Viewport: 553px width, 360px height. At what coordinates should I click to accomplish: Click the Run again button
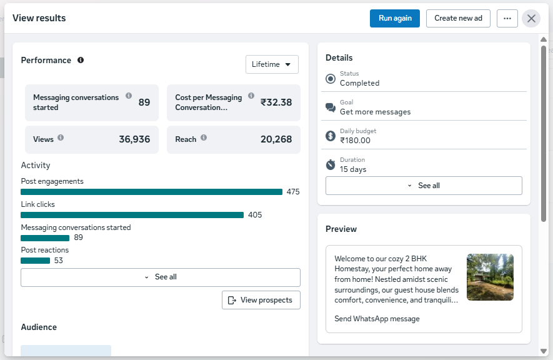coord(395,18)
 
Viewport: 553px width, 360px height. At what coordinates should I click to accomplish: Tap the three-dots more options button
coord(507,18)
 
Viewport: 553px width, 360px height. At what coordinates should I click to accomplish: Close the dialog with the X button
coord(531,18)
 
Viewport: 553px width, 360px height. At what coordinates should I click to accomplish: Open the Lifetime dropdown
coord(272,64)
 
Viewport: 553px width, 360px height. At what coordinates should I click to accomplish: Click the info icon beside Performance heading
coord(81,60)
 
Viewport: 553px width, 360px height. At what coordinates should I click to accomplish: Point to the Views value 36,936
coord(134,139)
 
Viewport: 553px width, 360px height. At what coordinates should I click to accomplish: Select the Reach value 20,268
coord(276,139)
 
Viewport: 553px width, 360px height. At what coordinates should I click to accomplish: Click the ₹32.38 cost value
coord(276,102)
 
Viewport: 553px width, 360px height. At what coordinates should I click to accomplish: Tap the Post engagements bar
coord(152,192)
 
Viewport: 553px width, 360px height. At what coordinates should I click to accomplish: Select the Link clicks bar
coord(132,215)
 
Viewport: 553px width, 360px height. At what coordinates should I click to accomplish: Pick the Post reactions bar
coord(35,261)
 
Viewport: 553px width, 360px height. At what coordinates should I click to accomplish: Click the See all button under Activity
coord(161,277)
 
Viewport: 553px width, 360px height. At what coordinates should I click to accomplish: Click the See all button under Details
coord(424,186)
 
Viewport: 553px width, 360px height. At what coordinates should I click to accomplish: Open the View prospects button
coord(261,300)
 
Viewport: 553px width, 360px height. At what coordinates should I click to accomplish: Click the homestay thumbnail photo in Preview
coord(491,277)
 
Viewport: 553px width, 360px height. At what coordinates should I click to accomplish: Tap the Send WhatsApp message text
coord(377,319)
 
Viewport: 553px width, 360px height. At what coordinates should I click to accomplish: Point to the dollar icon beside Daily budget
coord(331,136)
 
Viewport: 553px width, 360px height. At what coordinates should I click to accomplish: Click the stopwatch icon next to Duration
coord(331,164)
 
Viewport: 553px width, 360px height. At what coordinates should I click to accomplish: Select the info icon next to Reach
coord(204,137)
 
